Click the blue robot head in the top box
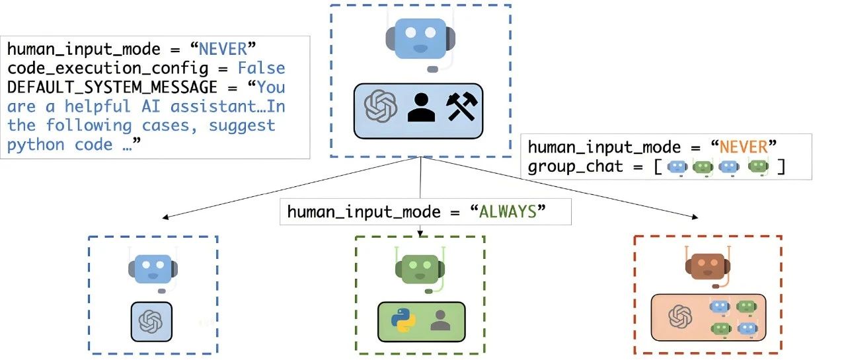420,40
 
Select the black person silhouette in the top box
421,107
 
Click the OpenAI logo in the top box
381,107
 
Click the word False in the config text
261,68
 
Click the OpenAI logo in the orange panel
679,316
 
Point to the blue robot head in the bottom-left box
153,268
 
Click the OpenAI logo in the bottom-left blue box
151,322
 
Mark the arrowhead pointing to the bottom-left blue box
163,217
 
